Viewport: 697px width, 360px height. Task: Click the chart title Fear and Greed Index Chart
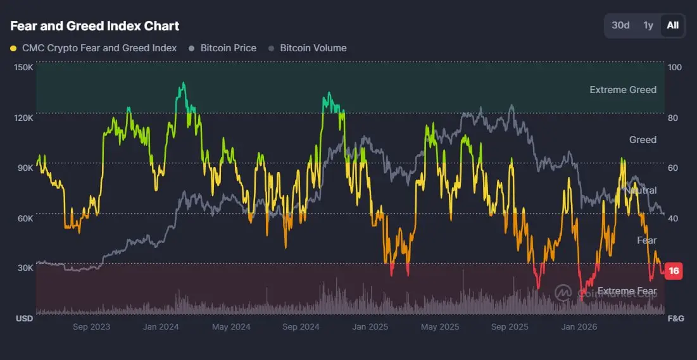pos(95,26)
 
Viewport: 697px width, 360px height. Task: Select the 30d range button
pos(620,25)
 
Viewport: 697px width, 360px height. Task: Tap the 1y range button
pos(648,25)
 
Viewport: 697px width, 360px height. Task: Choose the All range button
pos(672,25)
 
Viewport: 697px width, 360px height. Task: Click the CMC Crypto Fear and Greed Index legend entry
pos(94,48)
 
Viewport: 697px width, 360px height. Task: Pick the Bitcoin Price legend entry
pos(223,48)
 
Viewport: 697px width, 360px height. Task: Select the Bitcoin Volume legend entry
pos(308,48)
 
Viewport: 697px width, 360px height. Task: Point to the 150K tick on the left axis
pos(24,68)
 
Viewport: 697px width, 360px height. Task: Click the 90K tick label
pos(25,168)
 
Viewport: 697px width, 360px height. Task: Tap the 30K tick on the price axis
pos(25,268)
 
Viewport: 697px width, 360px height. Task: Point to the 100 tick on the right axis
pos(675,68)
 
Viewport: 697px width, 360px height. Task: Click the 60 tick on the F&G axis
pos(673,168)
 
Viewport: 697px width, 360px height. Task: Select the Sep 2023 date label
pos(92,327)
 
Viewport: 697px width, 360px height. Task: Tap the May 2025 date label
pos(440,327)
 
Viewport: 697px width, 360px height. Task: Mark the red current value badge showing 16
pos(674,271)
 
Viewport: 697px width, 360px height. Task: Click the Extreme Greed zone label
pos(623,90)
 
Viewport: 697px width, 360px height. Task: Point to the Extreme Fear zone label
pos(627,291)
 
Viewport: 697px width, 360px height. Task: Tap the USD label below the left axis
pos(25,319)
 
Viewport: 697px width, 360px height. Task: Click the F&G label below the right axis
pos(675,319)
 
